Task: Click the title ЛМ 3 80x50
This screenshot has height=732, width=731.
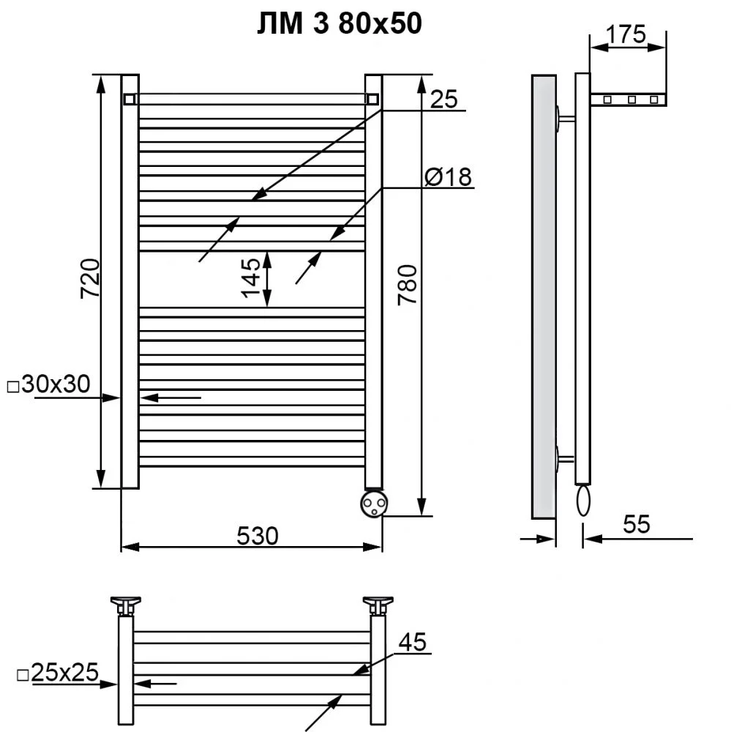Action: pos(340,23)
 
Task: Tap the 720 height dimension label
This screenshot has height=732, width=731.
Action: pos(91,279)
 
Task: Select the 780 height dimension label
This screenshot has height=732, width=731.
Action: pos(407,285)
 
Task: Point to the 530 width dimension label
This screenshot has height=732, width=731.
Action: pos(258,536)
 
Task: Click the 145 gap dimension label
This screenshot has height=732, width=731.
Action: pos(251,277)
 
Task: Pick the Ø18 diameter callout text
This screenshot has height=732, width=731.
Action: pos(448,177)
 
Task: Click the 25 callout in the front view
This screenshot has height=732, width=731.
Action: pos(444,99)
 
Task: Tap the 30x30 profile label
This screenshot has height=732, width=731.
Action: pos(49,384)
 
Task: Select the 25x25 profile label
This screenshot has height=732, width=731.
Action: pos(58,673)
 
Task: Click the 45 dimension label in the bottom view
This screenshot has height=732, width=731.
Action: pos(413,642)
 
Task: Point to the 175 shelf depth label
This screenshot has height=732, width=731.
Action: pos(626,34)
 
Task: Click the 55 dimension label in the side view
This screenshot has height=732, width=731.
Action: pos(637,524)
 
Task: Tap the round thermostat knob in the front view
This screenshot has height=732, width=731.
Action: pos(374,504)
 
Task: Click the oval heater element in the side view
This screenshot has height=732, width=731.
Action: pos(583,501)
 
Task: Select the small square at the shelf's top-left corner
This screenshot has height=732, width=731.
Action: pos(130,99)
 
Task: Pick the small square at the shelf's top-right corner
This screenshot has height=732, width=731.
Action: pos(372,99)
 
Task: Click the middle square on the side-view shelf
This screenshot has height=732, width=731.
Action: pos(631,100)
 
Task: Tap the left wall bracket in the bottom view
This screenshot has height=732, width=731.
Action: pos(126,605)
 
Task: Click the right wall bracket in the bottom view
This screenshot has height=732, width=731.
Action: pos(378,605)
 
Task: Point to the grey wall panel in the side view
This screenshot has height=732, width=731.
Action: pos(544,297)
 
